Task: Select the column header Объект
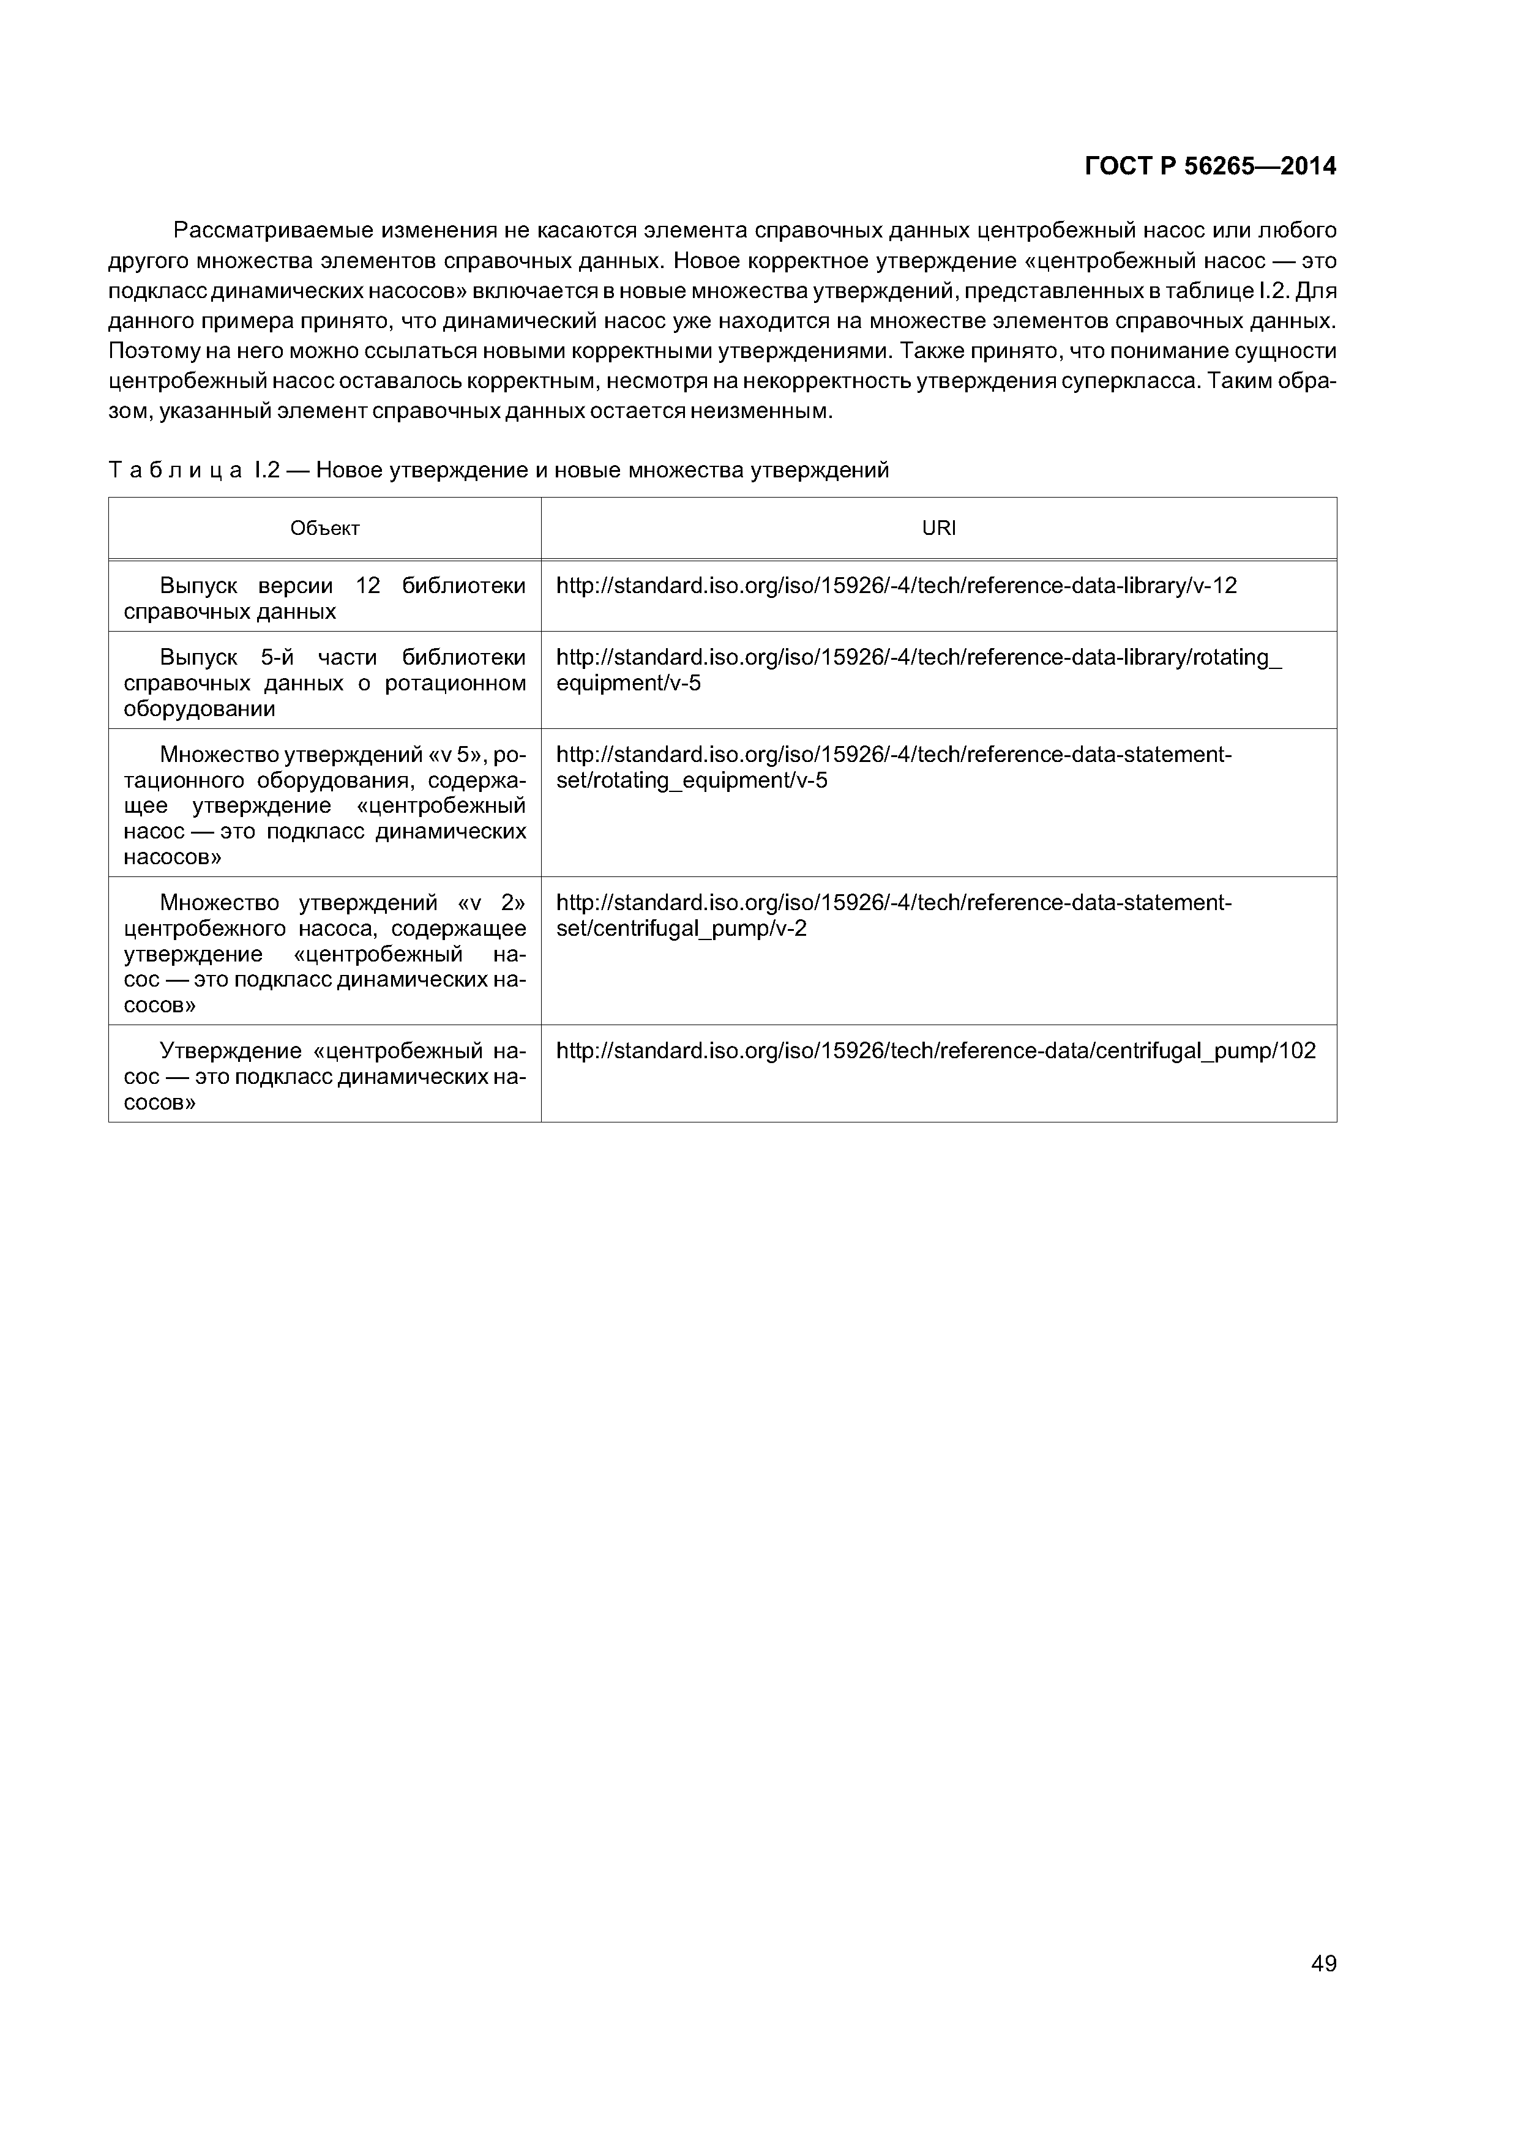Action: pos(324,528)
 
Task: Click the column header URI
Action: pos(938,528)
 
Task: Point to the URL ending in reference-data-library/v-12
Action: pos(896,585)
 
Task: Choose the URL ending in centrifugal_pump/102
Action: pos(935,1051)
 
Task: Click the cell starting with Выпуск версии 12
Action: pos(324,599)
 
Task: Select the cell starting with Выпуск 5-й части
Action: pos(324,682)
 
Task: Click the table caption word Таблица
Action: pos(175,471)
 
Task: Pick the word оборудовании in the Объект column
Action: pos(199,709)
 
